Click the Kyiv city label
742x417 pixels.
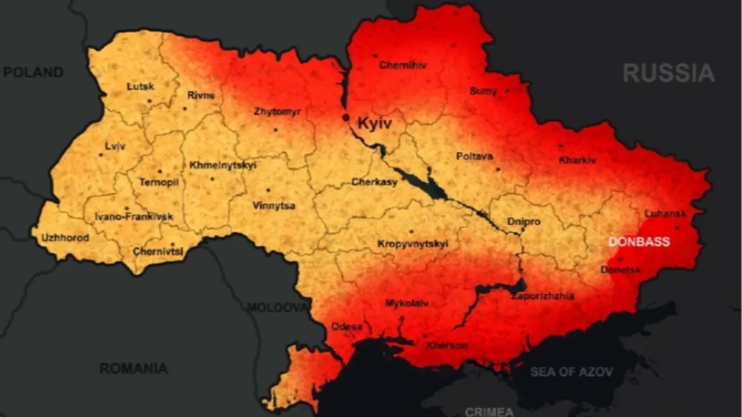click(375, 124)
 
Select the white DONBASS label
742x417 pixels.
click(639, 242)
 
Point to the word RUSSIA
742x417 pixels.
click(668, 74)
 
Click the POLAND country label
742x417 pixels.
click(33, 72)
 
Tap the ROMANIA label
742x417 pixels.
click(134, 368)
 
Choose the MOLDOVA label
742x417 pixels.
click(278, 307)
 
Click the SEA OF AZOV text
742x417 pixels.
click(571, 372)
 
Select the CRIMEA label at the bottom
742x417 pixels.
click(488, 411)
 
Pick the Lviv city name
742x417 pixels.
click(115, 146)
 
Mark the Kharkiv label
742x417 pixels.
click(578, 160)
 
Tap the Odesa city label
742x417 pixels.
click(347, 326)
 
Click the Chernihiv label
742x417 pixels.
click(403, 65)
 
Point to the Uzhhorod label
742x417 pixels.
click(65, 238)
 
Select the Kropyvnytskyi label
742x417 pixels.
click(412, 244)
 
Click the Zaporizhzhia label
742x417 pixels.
click(542, 296)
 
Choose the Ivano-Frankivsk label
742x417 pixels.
click(134, 217)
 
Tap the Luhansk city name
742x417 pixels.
click(665, 213)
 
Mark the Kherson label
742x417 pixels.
click(446, 345)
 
